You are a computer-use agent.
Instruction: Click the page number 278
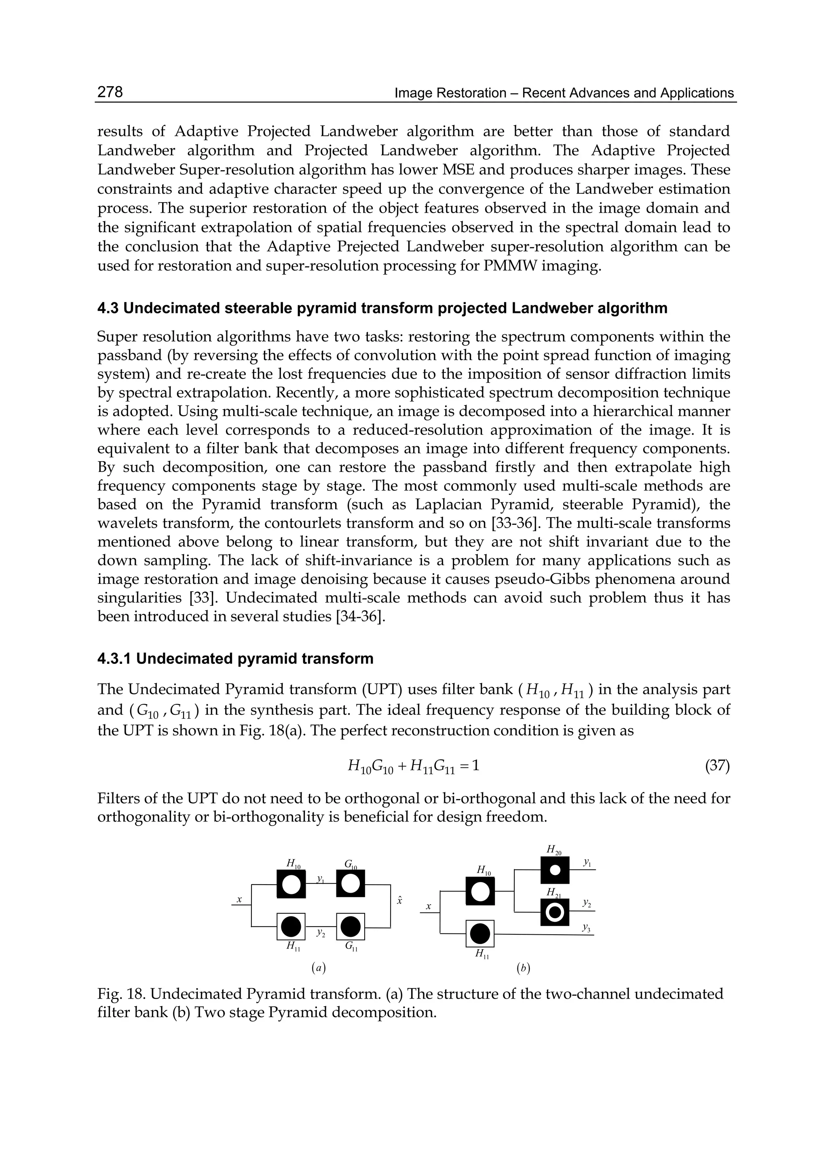(110, 92)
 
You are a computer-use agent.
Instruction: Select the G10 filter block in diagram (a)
(350, 883)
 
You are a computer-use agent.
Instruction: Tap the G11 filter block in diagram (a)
(350, 926)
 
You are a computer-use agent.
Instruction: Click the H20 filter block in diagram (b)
(555, 869)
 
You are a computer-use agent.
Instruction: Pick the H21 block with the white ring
(555, 912)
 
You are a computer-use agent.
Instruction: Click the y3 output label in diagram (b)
(586, 928)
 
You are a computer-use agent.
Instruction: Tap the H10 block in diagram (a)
(291, 883)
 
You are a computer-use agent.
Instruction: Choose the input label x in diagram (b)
(428, 906)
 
